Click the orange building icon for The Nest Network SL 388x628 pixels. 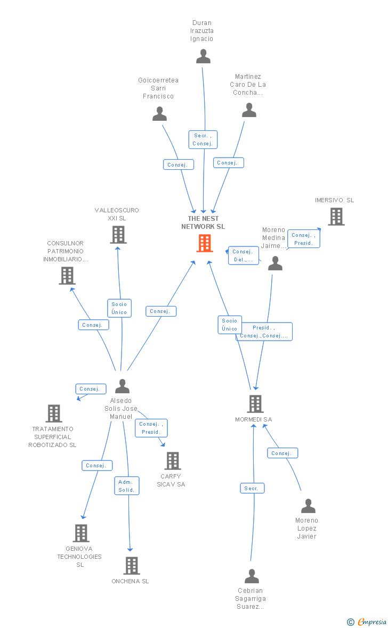point(205,243)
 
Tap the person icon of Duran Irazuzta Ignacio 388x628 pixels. point(203,56)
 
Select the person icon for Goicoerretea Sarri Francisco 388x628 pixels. point(159,114)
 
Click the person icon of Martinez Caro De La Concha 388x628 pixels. point(249,110)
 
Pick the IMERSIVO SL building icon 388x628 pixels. point(336,217)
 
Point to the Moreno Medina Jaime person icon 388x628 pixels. point(275,263)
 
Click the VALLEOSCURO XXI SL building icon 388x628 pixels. point(118,235)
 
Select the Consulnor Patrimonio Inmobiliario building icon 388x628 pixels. point(67,276)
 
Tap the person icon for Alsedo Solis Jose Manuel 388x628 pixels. point(122,386)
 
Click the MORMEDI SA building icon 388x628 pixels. point(255,404)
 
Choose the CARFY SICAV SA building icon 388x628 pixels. point(172,461)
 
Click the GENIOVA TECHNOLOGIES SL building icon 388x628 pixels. point(81,533)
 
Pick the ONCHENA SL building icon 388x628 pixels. point(131,566)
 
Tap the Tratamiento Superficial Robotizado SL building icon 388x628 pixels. point(54,414)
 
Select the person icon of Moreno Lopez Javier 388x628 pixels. point(308,506)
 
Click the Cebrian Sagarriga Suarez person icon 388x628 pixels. point(252,576)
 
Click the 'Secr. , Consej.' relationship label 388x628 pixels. point(203,139)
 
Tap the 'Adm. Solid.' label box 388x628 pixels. point(127,486)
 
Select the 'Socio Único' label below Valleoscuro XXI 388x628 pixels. point(119,308)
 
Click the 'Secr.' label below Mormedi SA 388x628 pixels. point(252,488)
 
